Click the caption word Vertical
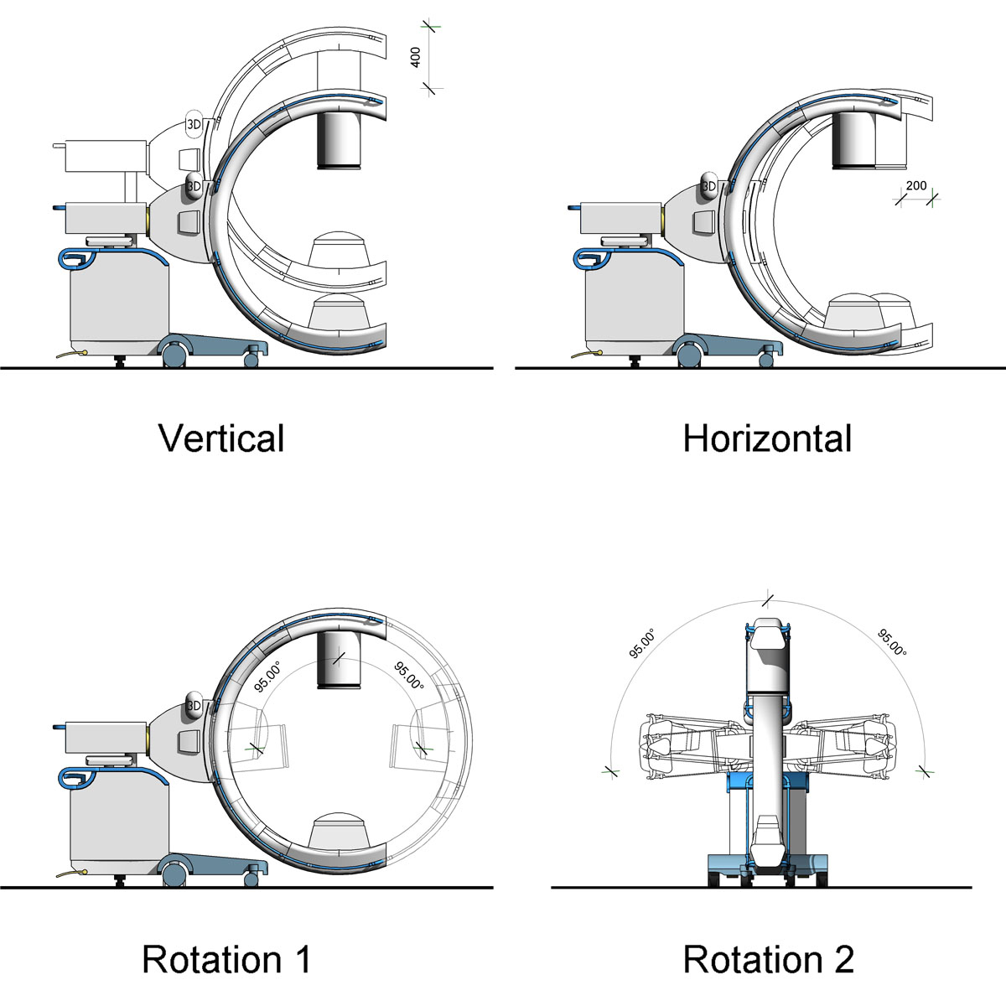point(221,438)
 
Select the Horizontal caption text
point(767,438)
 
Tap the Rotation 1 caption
point(226,959)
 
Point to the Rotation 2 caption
point(769,959)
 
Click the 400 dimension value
point(415,57)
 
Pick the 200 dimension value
point(916,185)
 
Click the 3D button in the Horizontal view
point(708,186)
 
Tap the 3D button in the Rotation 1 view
point(194,706)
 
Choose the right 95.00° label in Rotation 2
point(892,642)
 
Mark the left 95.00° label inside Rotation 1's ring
point(267,676)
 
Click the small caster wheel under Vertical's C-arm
point(251,359)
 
